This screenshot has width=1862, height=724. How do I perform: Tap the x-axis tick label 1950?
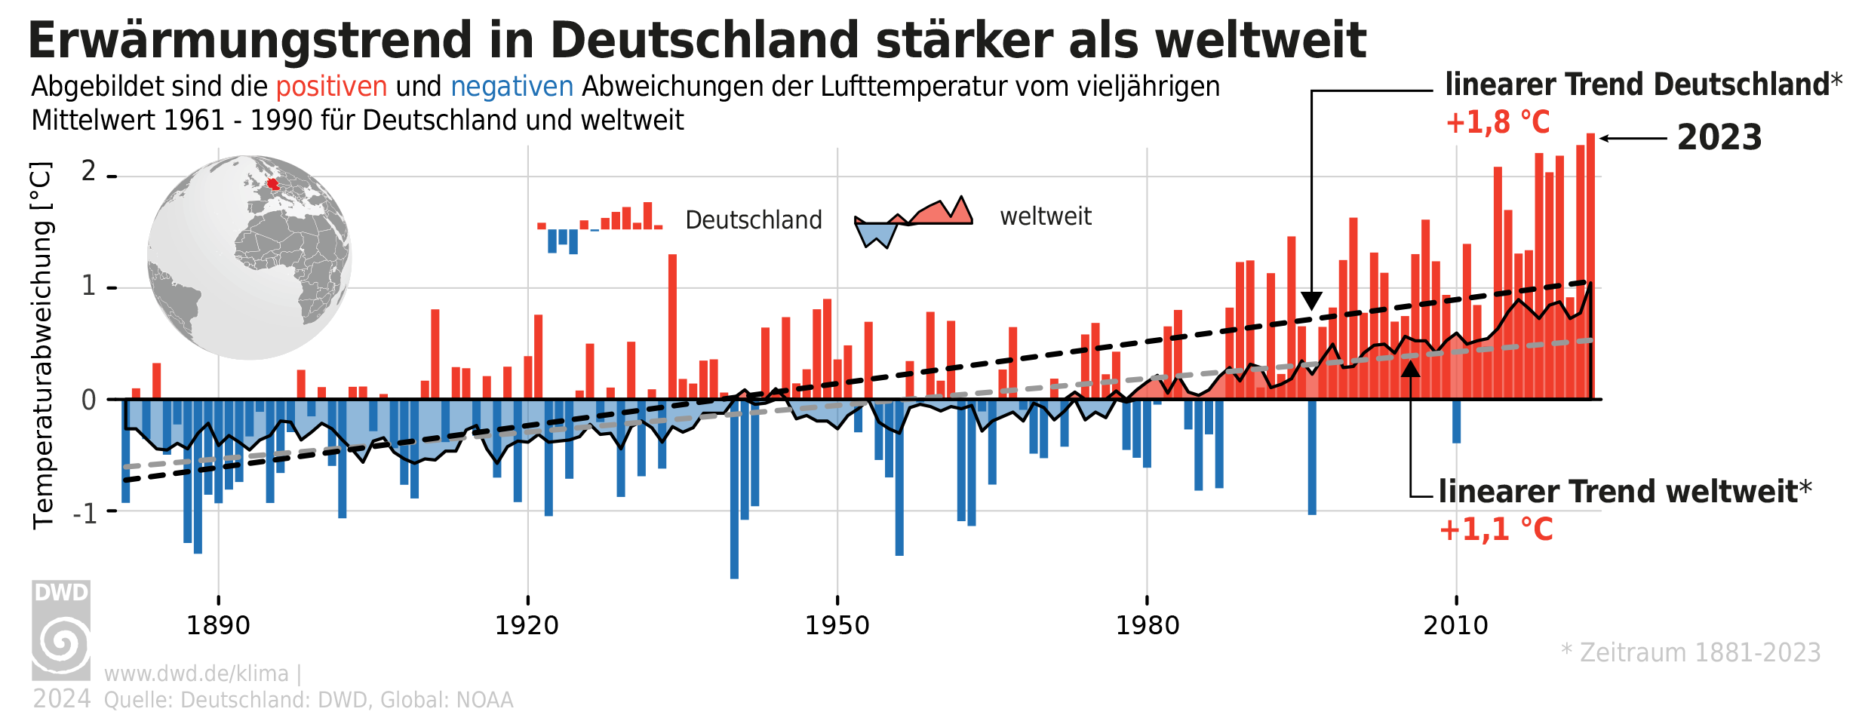pyautogui.click(x=837, y=625)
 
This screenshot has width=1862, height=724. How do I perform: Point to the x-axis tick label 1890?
pyautogui.click(x=218, y=625)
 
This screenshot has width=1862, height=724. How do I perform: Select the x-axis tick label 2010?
pyautogui.click(x=1455, y=625)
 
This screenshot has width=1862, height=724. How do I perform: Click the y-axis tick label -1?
pyautogui.click(x=85, y=514)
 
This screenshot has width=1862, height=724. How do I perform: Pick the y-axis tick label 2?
pyautogui.click(x=89, y=172)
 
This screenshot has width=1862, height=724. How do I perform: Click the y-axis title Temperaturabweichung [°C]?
pyautogui.click(x=42, y=345)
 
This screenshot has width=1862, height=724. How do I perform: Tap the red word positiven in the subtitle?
pyautogui.click(x=331, y=87)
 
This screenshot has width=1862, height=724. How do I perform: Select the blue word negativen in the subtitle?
pyautogui.click(x=512, y=87)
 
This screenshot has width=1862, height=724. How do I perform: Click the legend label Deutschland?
pyautogui.click(x=753, y=220)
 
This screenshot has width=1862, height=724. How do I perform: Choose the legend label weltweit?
pyautogui.click(x=1045, y=216)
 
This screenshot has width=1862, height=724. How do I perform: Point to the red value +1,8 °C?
pyautogui.click(x=1498, y=122)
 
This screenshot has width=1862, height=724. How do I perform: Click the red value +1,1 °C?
pyautogui.click(x=1496, y=529)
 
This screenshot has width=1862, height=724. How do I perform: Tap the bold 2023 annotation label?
pyautogui.click(x=1719, y=138)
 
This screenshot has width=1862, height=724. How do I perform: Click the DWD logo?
pyautogui.click(x=61, y=630)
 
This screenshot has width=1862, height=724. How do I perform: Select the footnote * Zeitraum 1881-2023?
pyautogui.click(x=1691, y=652)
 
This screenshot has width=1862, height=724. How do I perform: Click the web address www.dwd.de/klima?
pyautogui.click(x=196, y=673)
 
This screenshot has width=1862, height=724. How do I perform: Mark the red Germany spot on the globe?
pyautogui.click(x=272, y=184)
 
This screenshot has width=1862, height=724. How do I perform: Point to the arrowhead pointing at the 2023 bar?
pyautogui.click(x=1605, y=138)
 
